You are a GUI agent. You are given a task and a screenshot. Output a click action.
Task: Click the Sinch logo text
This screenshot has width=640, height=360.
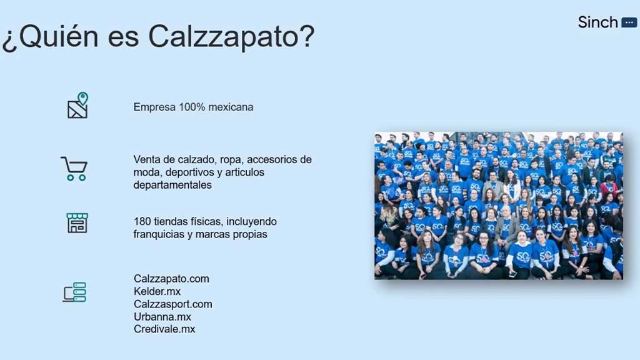pos(597,22)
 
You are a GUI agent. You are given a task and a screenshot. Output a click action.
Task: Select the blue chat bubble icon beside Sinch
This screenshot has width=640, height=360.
pos(629,23)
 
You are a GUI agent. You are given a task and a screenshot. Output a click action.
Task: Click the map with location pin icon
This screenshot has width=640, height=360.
pos(77,105)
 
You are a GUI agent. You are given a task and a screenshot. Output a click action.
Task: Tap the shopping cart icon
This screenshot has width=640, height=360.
pos(74,169)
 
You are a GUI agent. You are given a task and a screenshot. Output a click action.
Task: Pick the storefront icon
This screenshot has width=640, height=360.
pos(77,223)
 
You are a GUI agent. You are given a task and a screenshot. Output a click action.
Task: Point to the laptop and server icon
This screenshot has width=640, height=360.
pos(74,292)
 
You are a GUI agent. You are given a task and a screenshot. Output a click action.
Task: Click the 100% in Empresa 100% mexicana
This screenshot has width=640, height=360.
pos(192,107)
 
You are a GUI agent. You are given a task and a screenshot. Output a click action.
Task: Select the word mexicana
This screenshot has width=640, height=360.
pos(231,107)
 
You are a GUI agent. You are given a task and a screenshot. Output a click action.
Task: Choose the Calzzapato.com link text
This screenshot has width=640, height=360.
pos(171,279)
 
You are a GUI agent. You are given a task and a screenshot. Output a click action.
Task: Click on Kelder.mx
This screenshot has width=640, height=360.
pos(157,291)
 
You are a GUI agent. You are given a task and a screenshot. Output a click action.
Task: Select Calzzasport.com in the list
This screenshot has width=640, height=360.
pos(173,304)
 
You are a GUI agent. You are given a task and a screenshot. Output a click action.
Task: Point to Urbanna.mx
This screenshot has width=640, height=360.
pos(162,317)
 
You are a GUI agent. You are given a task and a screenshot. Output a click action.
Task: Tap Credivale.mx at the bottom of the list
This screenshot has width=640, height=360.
pos(164,329)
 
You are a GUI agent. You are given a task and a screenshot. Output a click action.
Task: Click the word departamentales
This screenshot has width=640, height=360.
pos(172,185)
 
